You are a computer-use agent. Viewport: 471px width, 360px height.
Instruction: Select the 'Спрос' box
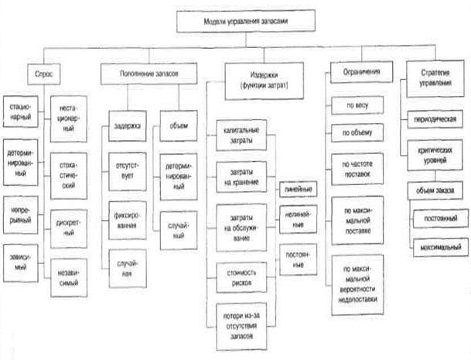[43, 74]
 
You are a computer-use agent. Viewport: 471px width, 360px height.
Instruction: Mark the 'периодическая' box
[436, 120]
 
